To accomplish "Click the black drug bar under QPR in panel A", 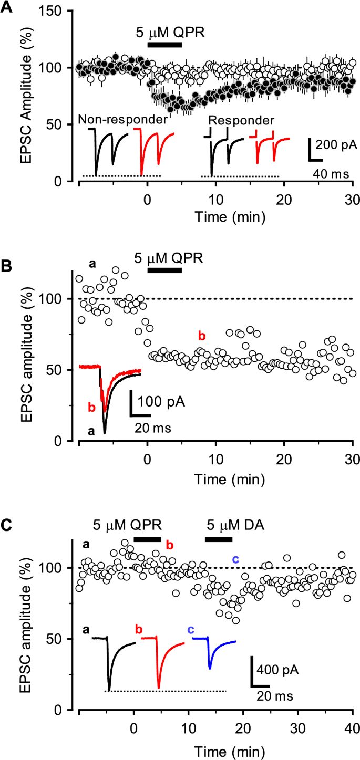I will pyautogui.click(x=164, y=45).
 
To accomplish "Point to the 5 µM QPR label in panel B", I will pyautogui.click(x=169, y=258).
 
